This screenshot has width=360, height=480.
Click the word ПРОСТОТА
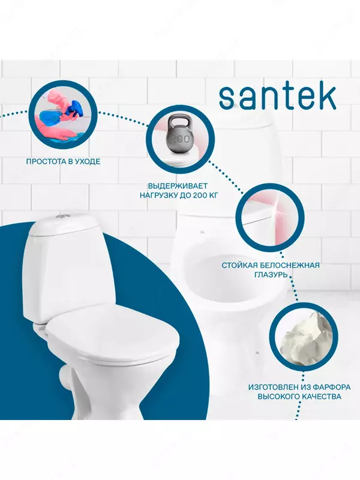pyautogui.click(x=47, y=161)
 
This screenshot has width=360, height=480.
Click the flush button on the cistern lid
pyautogui.click(x=56, y=219)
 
